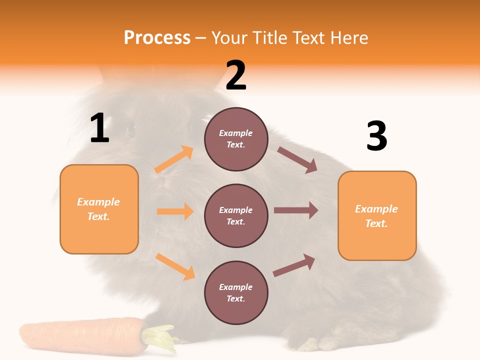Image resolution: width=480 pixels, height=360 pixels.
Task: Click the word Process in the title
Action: point(157,38)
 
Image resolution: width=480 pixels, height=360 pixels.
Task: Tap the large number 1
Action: point(99,128)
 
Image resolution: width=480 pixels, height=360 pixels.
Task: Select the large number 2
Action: point(236,75)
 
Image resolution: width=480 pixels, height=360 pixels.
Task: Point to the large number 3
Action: point(376,136)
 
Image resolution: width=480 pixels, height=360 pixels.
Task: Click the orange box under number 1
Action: point(99,209)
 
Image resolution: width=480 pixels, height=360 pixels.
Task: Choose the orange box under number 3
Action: point(377,215)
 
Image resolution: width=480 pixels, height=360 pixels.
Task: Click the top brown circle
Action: point(236,139)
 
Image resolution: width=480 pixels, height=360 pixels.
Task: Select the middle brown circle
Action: point(236,215)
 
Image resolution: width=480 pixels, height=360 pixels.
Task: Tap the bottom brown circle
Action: point(236,292)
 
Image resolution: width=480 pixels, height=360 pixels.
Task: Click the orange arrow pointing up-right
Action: point(174,159)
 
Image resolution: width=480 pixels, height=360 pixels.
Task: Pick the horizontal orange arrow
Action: point(175,211)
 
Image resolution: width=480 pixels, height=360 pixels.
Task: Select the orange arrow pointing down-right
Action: point(175,266)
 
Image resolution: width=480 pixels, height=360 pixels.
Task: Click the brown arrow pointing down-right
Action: point(297,160)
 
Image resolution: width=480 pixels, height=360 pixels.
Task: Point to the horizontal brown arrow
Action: point(295,210)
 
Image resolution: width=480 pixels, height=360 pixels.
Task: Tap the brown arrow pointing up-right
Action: point(294,265)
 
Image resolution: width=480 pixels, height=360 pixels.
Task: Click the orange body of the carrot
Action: point(80,337)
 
